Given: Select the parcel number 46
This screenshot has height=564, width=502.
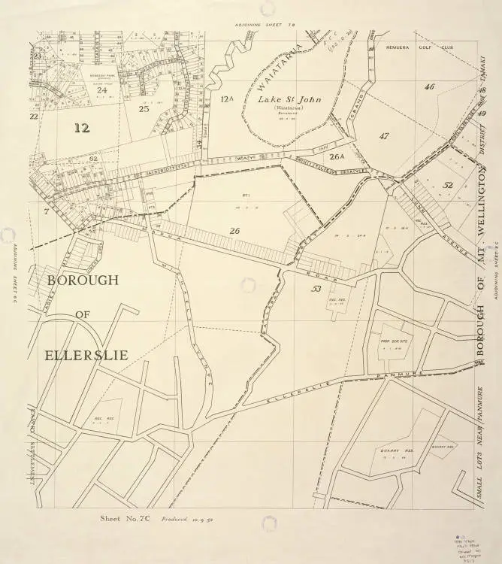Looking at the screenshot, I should pos(429,87).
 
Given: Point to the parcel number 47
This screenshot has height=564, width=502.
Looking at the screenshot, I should pos(384,136).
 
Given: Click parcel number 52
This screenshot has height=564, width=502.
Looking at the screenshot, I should pos(449,185).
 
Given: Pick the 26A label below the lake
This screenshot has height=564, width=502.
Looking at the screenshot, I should pos(338,156).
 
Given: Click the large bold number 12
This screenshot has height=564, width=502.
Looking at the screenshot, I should pos(81,127).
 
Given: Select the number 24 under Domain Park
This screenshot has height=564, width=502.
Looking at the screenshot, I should pos(101,90).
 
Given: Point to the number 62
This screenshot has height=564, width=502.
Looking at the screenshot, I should pos(93,159).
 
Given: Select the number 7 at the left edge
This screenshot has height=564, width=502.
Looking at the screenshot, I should pos(46,212).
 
